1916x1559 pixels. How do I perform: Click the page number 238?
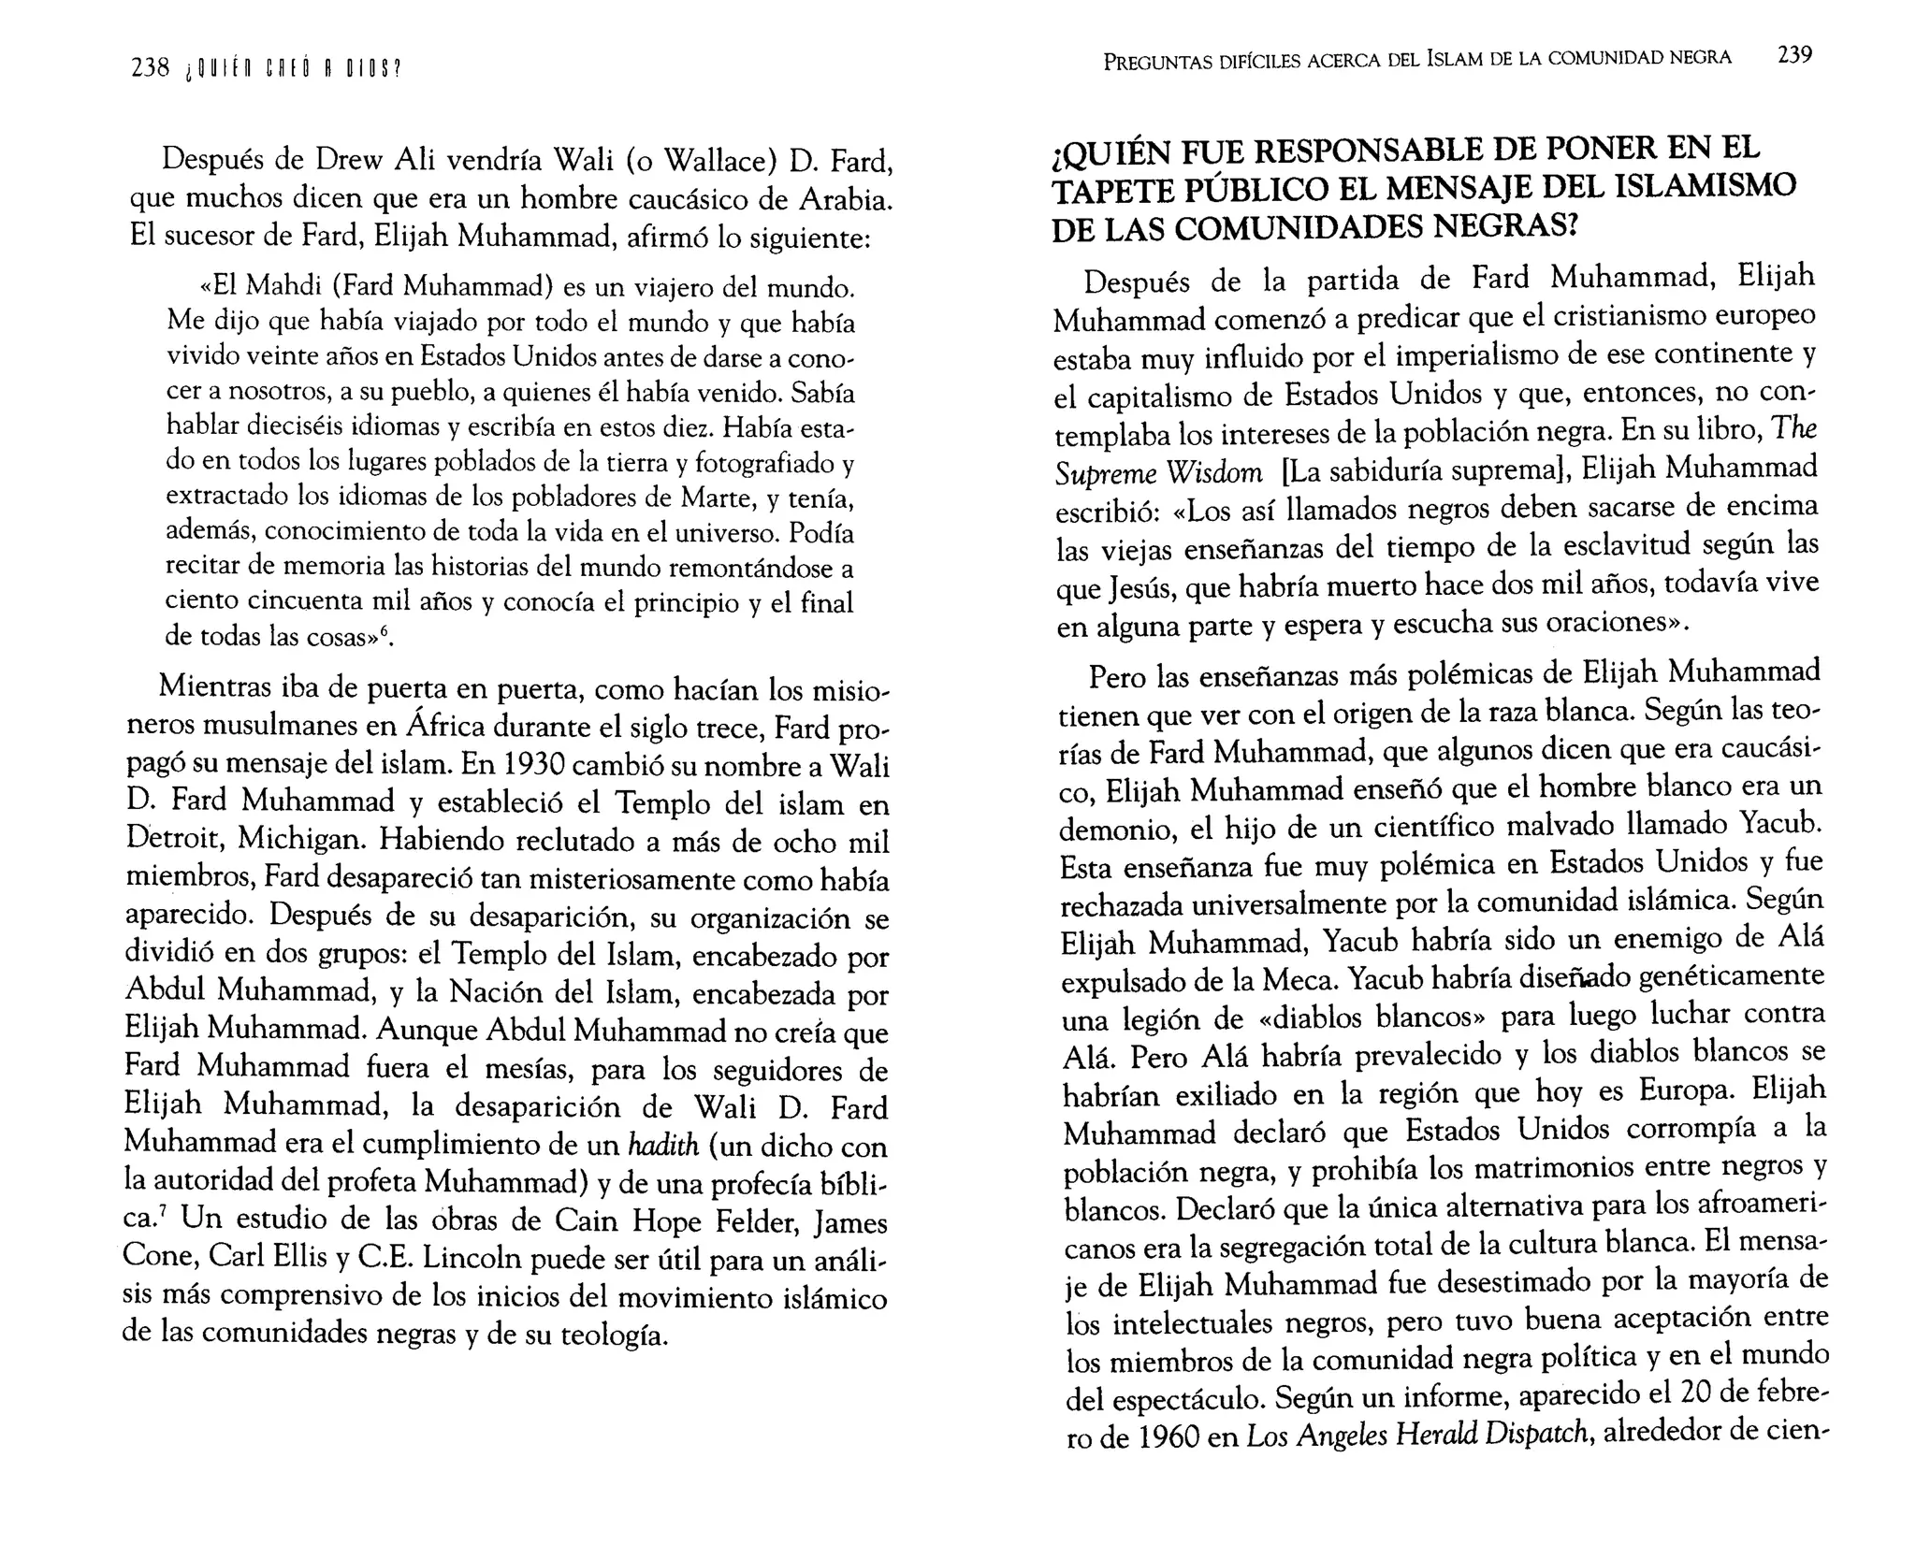click(x=150, y=67)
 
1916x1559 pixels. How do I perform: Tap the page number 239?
click(x=1794, y=55)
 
